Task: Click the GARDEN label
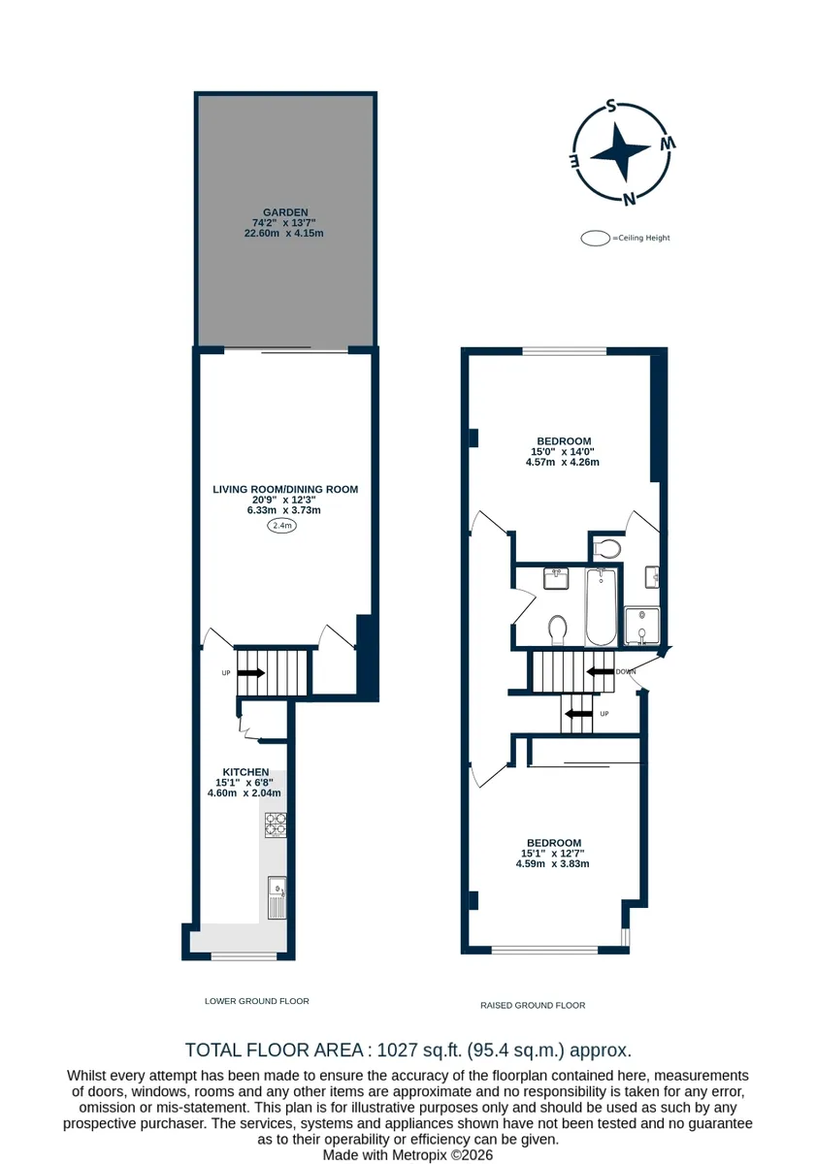tap(285, 212)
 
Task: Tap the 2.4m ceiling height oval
tap(281, 526)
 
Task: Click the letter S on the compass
tap(611, 107)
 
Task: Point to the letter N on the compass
tap(630, 199)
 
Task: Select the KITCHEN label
tap(245, 772)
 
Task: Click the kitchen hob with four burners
tap(276, 825)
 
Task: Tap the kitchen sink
tap(277, 897)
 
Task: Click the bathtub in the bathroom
tap(601, 607)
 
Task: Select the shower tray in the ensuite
tap(642, 627)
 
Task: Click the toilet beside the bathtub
tap(558, 630)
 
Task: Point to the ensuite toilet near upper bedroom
tap(606, 548)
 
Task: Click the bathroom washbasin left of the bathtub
tap(556, 578)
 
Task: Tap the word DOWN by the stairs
tap(625, 672)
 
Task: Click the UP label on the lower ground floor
tap(225, 673)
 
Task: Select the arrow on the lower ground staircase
tap(251, 673)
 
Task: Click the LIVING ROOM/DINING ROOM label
tap(285, 489)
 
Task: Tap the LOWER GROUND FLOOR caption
tap(257, 1001)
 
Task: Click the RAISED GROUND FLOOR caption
tap(533, 1005)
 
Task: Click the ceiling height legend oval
tap(595, 238)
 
